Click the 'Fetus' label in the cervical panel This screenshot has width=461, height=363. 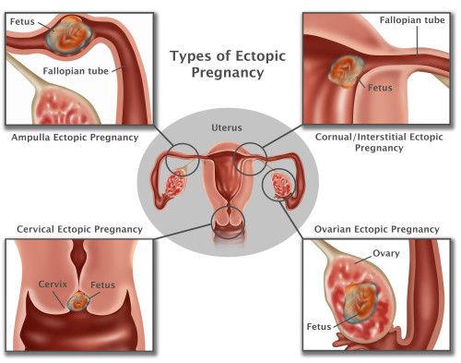pos(102,285)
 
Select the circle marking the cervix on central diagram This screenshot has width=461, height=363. pos(228,220)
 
